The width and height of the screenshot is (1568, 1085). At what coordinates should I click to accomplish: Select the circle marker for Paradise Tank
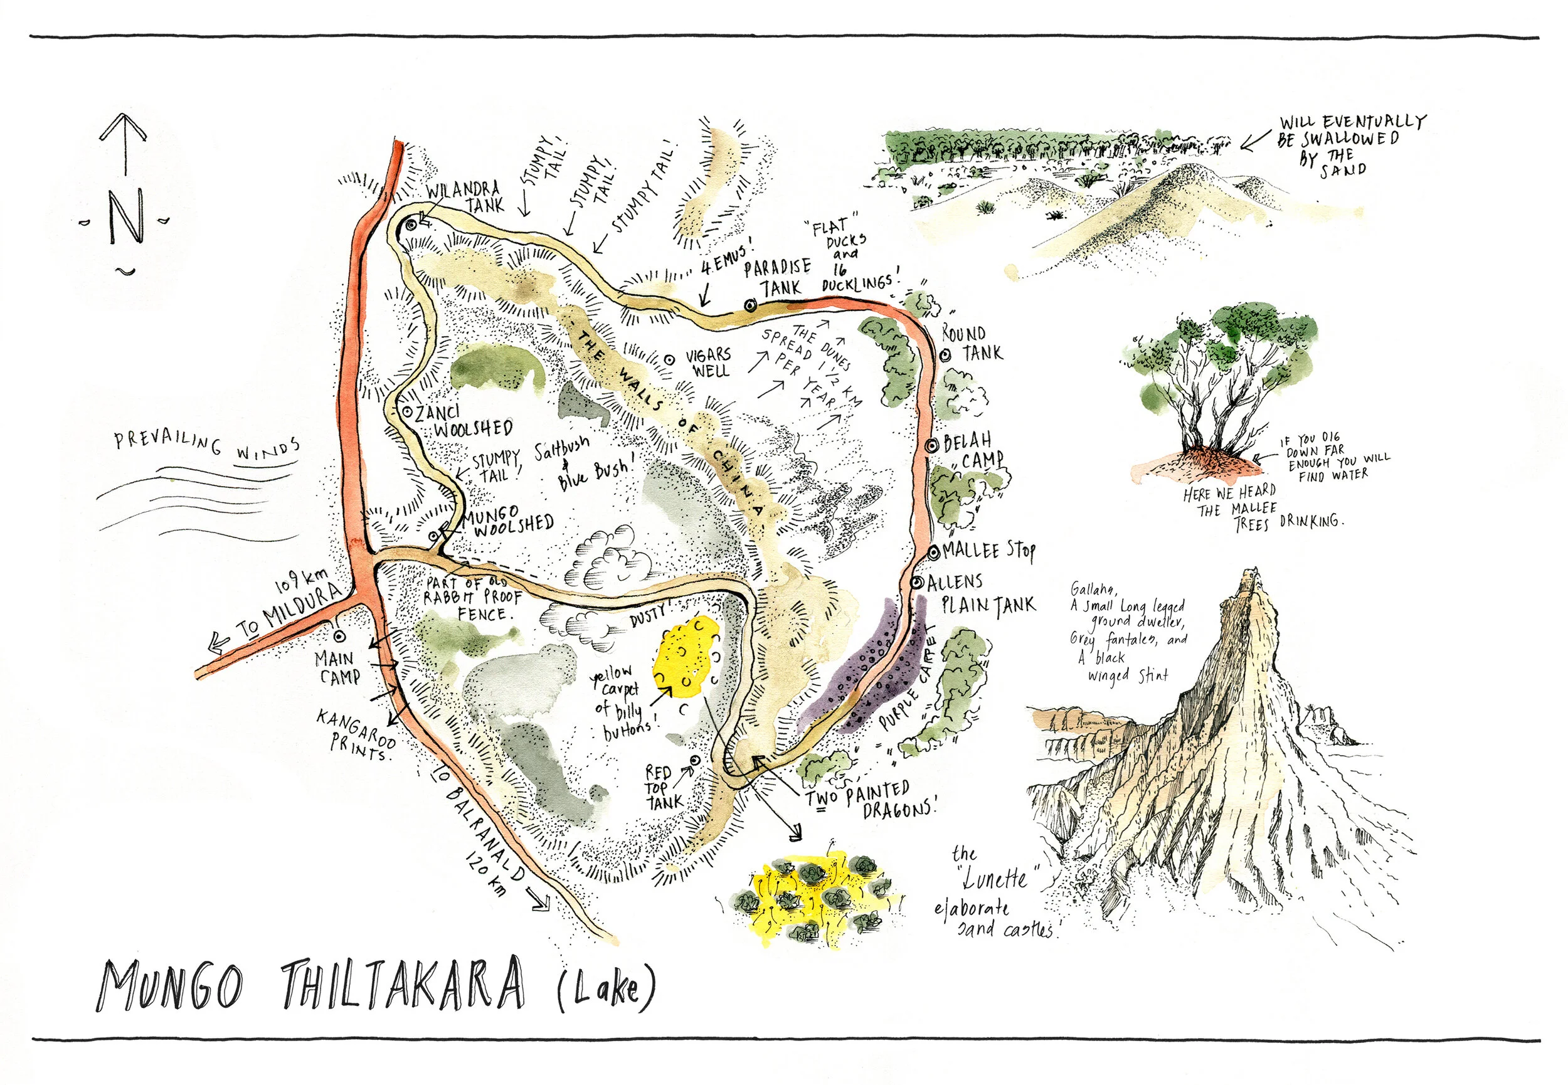pyautogui.click(x=750, y=306)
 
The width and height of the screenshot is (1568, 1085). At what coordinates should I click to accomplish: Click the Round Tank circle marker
pyautogui.click(x=945, y=355)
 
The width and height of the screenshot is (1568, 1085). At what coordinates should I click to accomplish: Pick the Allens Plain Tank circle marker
pyautogui.click(x=917, y=583)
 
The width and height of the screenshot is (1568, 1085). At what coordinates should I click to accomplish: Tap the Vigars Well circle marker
pyautogui.click(x=669, y=359)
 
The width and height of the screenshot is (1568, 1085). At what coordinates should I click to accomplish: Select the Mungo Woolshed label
pyautogui.click(x=509, y=521)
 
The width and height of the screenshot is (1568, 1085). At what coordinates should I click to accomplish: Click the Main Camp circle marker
pyautogui.click(x=339, y=636)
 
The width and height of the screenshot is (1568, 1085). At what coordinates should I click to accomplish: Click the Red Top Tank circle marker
pyautogui.click(x=694, y=761)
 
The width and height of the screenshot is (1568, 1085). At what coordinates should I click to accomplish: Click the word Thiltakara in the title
pyautogui.click(x=404, y=985)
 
